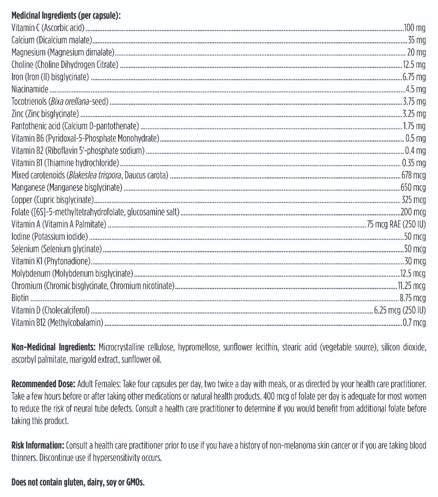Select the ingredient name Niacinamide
[30, 89]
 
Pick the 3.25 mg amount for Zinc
[414, 113]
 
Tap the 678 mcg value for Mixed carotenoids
[414, 175]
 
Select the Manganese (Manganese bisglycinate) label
[67, 188]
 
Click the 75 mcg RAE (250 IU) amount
[396, 224]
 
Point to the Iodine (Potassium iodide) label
[50, 236]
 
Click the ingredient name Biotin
[20, 298]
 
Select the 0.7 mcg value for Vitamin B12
[414, 323]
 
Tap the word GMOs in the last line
[134, 483]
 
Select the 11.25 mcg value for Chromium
[411, 286]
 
